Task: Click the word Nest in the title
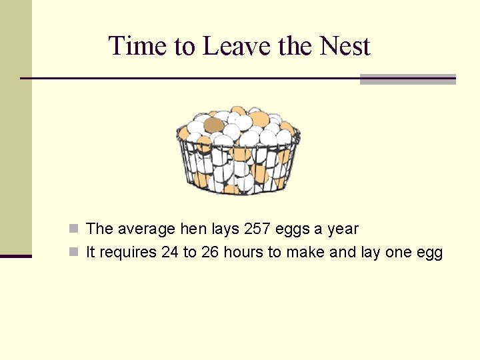click(345, 46)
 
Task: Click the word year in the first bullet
click(343, 230)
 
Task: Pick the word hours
click(243, 253)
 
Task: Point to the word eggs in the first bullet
click(293, 230)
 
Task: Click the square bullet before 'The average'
click(75, 229)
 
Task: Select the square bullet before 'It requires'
click(75, 253)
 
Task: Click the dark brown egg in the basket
click(213, 125)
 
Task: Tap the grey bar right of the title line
click(407, 79)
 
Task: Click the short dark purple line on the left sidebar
click(15, 256)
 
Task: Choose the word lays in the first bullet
click(226, 230)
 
